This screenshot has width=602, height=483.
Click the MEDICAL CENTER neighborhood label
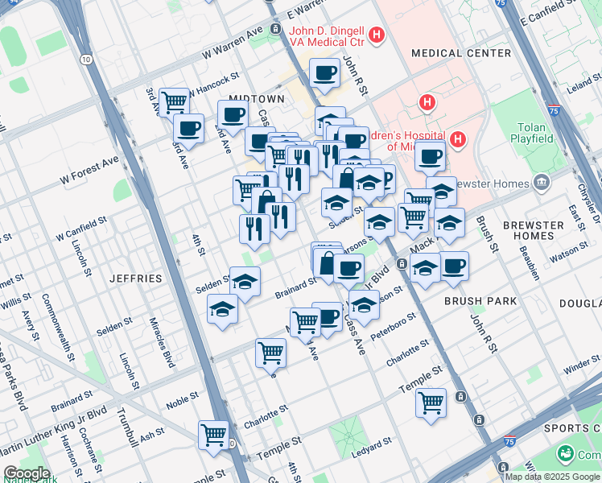[460, 53]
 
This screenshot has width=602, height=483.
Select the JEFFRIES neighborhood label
[136, 279]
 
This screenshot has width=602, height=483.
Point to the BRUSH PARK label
[473, 300]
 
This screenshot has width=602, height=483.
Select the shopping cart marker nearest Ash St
[213, 435]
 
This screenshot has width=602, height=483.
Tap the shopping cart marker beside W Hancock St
[174, 101]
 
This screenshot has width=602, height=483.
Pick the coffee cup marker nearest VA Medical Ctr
[325, 72]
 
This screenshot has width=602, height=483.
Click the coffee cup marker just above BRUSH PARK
[454, 265]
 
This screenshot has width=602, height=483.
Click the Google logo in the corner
[27, 473]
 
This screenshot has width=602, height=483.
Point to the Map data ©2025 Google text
[552, 477]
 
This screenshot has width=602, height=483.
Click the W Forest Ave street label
[88, 166]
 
